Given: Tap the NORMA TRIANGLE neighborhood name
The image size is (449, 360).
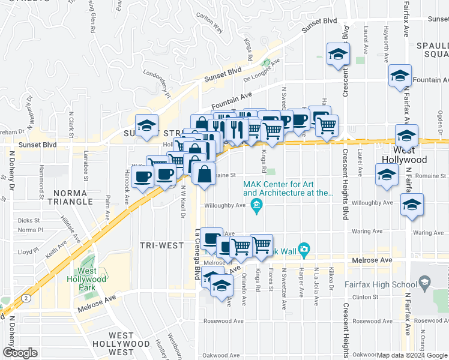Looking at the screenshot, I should point(74,197).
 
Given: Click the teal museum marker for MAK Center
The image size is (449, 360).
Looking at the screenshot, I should point(256,208).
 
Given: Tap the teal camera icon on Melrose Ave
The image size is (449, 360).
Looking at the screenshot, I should point(304,249).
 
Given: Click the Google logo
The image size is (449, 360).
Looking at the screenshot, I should point(20,353).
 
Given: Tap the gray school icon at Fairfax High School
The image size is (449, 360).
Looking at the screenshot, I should point(425,281).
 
